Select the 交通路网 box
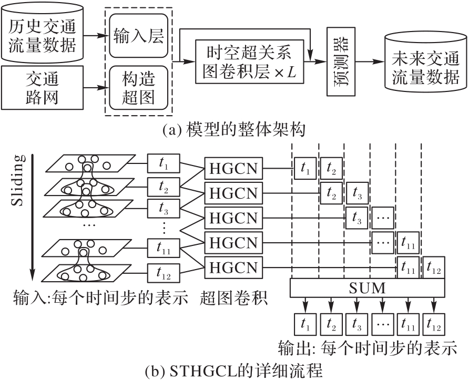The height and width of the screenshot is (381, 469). pos(42,88)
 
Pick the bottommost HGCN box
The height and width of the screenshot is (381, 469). pos(234,267)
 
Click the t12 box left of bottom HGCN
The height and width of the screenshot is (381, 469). pos(164,272)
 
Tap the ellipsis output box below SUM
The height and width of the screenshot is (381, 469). pos(383,323)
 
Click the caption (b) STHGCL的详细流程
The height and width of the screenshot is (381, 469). pos(233,370)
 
